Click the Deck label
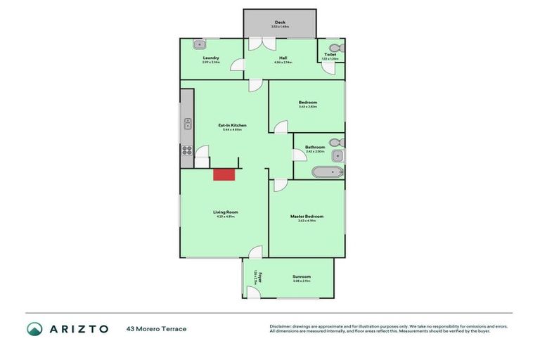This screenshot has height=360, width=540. pos(280,22)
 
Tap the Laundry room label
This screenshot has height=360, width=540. pos(211,58)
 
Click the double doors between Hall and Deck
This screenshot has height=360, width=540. pos(259,44)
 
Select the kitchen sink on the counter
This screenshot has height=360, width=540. pos(188,125)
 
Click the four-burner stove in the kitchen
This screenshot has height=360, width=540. pos(187,150)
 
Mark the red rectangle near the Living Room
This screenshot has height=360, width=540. pos(224,174)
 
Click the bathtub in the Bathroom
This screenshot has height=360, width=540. pos(327,171)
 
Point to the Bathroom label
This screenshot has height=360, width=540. pos(314,147)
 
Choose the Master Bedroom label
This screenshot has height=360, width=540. pos(307,216)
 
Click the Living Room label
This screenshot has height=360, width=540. pos(226,212)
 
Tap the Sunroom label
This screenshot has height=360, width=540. pos(302,276)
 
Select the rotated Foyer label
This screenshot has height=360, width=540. pos(259,276)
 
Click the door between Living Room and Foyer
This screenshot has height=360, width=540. pos(255,253)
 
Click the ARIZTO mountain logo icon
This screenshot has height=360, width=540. pos(34,328)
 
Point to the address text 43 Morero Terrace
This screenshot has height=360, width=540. pos(156,328)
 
